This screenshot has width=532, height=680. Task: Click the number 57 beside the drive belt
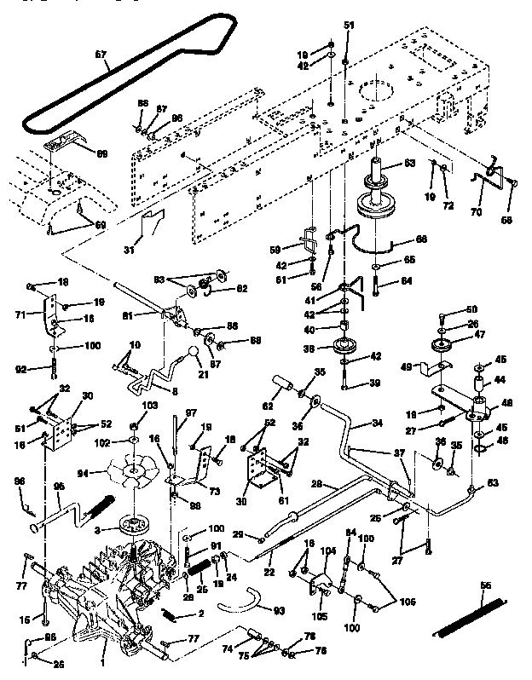(101, 55)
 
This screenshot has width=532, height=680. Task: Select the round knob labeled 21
(195, 353)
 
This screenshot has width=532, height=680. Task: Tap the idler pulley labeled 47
(443, 347)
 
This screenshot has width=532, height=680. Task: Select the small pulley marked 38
(348, 349)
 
